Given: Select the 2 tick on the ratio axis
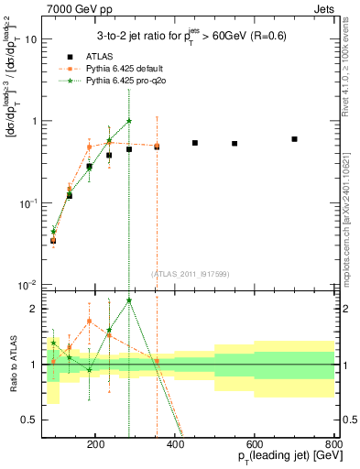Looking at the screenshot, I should tap(36, 309).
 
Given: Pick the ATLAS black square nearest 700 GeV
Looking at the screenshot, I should tap(294, 139).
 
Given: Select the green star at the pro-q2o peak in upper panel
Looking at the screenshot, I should tap(129, 120).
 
